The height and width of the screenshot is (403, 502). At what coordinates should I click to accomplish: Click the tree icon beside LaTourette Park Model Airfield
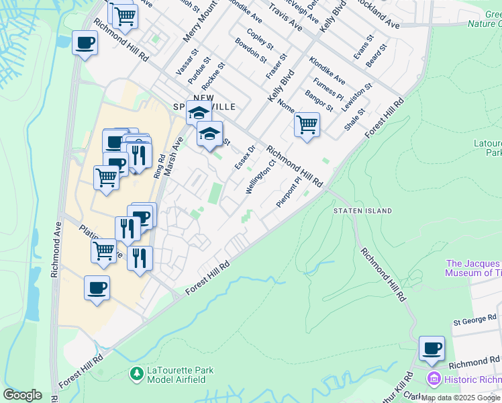(137, 372)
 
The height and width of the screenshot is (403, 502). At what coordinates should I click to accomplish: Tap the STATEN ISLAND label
(363, 211)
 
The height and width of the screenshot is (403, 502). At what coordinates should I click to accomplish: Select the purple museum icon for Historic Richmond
(434, 379)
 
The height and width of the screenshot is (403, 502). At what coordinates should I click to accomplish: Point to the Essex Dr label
(245, 157)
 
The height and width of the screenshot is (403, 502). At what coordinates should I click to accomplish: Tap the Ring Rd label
(158, 166)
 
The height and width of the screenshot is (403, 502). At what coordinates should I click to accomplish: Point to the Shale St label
(354, 119)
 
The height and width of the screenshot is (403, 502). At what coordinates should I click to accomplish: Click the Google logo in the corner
(22, 395)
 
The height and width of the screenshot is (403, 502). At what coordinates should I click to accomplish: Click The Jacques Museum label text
(473, 268)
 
